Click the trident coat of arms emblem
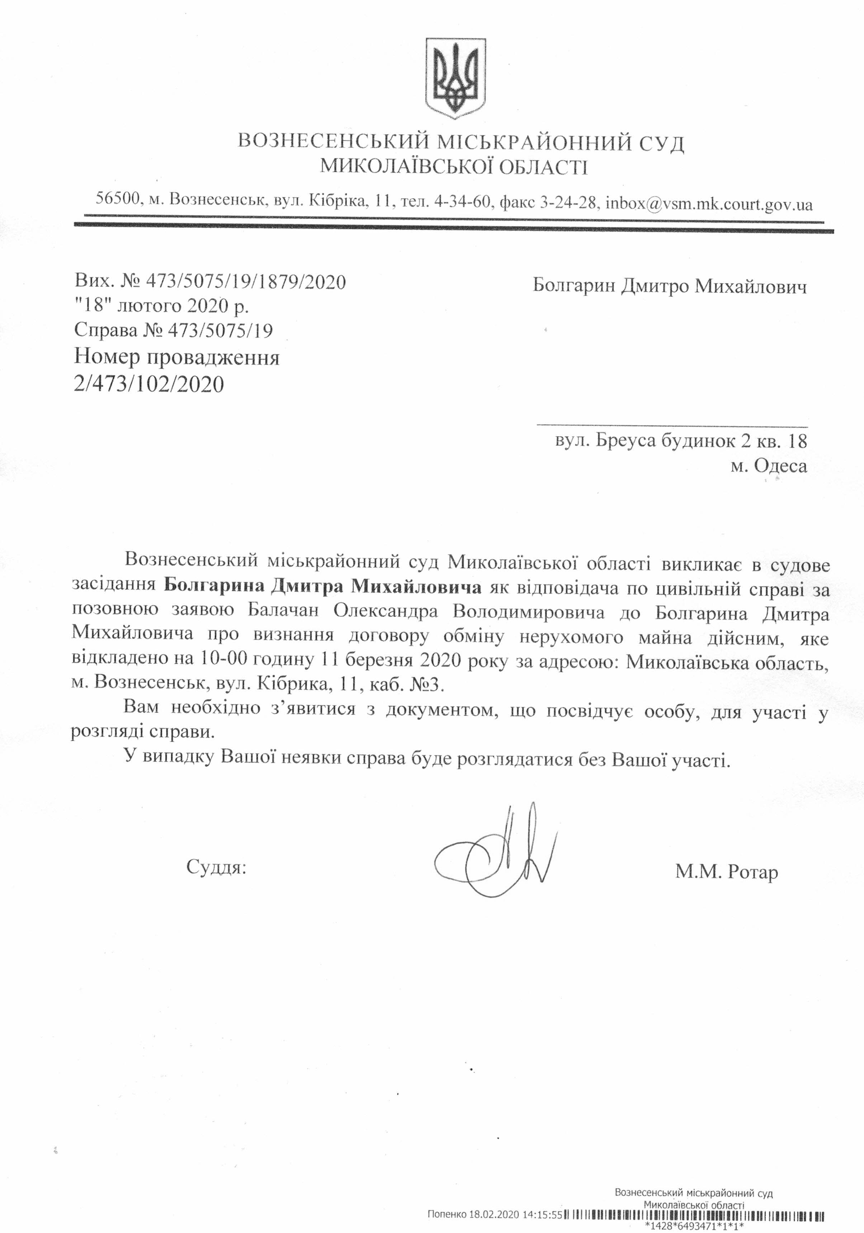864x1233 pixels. point(455,78)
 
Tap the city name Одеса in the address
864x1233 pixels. point(780,465)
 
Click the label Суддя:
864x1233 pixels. point(216,866)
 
